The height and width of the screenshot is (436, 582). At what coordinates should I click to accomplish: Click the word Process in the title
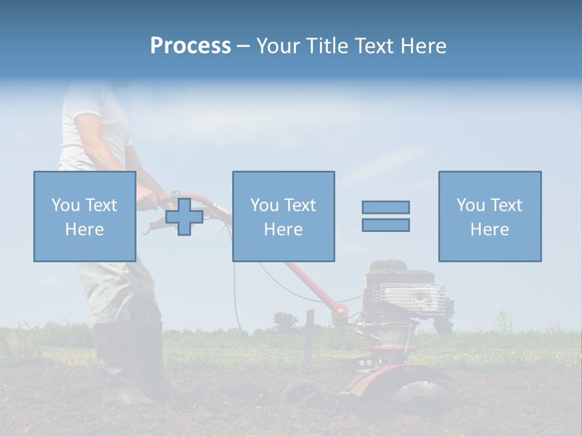click(x=190, y=46)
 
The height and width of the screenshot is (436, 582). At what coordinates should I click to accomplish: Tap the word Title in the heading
click(x=328, y=46)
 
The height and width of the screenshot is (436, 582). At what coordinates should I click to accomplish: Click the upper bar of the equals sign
click(x=386, y=207)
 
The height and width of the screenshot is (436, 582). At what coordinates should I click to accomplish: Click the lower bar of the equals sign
click(x=386, y=225)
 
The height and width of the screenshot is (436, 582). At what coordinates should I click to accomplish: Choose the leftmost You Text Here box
click(x=84, y=216)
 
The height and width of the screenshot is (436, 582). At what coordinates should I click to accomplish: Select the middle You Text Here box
click(x=283, y=216)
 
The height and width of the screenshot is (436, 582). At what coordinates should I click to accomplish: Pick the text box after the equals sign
click(x=489, y=216)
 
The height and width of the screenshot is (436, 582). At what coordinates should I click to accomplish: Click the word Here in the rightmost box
click(x=489, y=230)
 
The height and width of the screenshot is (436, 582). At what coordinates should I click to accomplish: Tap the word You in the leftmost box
click(x=65, y=205)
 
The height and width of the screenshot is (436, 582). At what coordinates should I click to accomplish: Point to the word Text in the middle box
click(x=299, y=205)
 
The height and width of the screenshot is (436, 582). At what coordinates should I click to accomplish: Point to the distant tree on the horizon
click(x=284, y=321)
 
